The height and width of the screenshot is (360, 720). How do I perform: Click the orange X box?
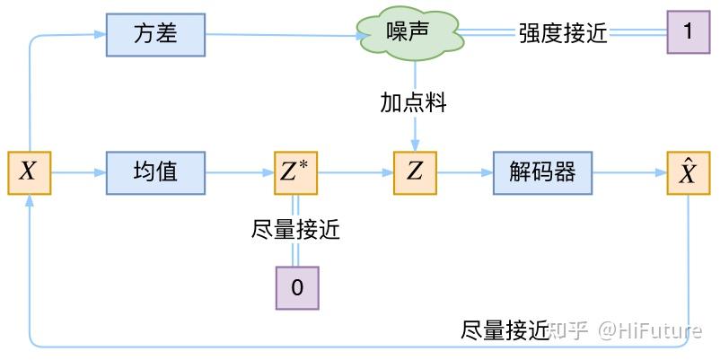click(x=29, y=172)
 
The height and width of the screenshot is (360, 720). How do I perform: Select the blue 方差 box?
click(x=155, y=34)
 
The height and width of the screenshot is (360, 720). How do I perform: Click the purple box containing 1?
click(x=688, y=32)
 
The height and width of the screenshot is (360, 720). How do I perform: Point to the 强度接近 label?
click(x=563, y=34)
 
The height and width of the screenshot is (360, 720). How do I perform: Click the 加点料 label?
click(x=413, y=103)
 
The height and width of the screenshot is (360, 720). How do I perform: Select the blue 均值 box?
click(x=155, y=172)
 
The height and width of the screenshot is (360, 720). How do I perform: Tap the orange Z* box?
click(x=295, y=172)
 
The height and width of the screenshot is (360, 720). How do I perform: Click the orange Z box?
click(x=414, y=172)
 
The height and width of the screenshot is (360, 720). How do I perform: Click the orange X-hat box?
click(x=688, y=172)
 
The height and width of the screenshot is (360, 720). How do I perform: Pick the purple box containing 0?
click(x=296, y=288)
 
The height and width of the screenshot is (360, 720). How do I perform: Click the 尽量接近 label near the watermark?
click(x=505, y=330)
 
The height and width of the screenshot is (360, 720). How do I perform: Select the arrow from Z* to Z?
click(x=355, y=172)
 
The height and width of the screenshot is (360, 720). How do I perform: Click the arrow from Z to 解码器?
click(x=464, y=172)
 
